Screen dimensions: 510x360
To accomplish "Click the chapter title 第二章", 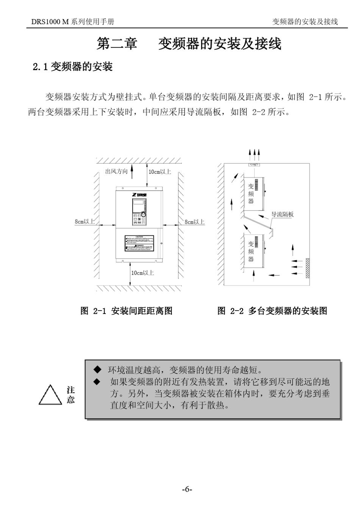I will coord(117,44).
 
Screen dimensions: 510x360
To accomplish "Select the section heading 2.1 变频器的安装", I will coord(73,67).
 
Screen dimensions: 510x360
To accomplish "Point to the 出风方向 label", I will coord(116,171).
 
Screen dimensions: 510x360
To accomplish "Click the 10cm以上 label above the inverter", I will coord(160,172).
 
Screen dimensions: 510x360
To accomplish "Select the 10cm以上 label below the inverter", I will coord(142,273).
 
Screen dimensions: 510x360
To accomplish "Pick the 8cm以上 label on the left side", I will coord(85,221).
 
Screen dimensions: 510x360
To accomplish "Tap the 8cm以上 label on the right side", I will coord(194,222).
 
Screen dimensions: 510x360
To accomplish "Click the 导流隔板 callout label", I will coord(283,214).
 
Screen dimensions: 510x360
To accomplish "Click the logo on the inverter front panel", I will coord(139,195).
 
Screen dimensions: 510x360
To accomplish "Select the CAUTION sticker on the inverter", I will coord(139,243).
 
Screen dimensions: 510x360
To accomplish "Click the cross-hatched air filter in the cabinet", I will coord(307,268).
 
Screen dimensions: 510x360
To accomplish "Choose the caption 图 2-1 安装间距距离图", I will coord(127,311).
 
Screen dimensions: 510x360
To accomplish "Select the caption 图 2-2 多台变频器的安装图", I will coord(272,311).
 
